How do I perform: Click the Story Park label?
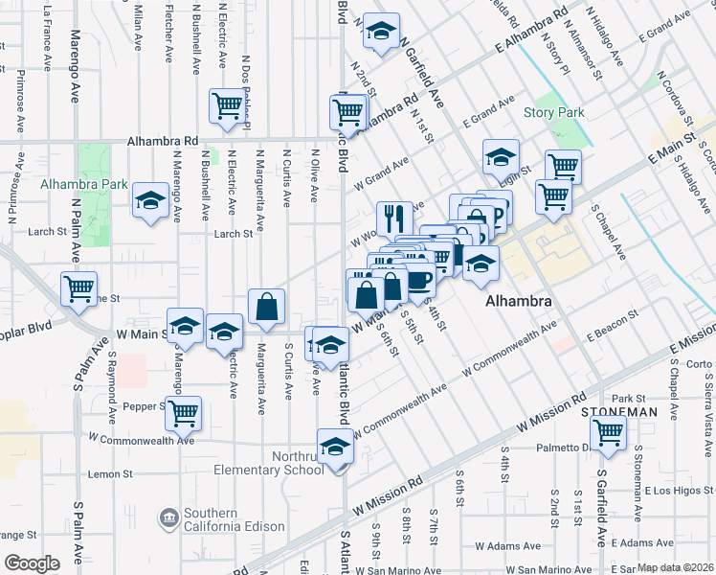(554, 113)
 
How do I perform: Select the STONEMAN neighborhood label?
(619, 411)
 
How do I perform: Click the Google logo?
(32, 563)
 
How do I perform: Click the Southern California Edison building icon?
(168, 518)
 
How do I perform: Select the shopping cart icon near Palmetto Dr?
(609, 432)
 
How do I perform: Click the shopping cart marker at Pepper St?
(182, 413)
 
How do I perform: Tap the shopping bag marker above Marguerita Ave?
(267, 307)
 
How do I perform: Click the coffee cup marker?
(418, 280)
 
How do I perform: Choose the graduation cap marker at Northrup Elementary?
(335, 448)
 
